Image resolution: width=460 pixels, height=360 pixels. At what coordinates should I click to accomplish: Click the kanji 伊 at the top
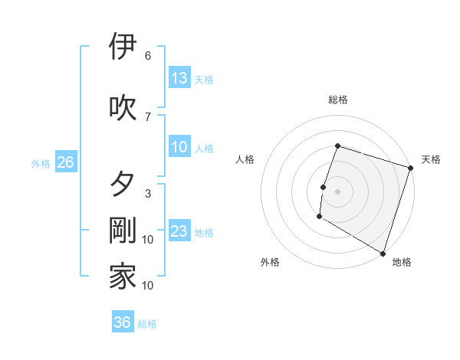coord(123,46)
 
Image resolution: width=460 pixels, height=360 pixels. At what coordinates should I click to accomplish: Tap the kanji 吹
coord(123,107)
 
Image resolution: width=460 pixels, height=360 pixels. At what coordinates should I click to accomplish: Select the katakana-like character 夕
coord(123,185)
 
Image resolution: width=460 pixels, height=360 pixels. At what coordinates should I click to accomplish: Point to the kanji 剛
coord(123,231)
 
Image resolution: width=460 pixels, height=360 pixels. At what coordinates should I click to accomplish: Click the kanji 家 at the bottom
coord(123,277)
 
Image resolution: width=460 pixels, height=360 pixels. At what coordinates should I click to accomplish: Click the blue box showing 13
coord(179,78)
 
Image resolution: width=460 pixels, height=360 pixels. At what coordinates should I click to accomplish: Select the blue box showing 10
coord(179,147)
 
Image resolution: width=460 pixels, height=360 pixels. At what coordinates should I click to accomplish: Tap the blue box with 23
coord(179,231)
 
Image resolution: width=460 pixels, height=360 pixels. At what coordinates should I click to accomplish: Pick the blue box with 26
coord(65,162)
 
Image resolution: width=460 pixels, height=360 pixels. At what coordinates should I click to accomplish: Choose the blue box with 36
coord(122,322)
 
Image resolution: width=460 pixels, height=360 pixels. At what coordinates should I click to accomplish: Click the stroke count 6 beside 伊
coord(148,56)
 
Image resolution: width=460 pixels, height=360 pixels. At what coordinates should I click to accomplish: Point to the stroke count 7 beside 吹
coord(148,116)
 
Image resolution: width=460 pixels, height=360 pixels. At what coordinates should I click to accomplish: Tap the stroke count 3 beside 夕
coord(148,194)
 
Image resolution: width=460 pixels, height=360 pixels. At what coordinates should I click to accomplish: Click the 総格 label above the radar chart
coord(337,100)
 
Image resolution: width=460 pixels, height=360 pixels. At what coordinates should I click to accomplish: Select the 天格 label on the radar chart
coord(431,159)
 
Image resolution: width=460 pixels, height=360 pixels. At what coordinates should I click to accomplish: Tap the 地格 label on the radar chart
coord(402,262)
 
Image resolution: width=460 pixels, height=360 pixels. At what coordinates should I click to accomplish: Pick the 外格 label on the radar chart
coord(270,262)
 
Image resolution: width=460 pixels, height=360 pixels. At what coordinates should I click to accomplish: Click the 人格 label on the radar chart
coord(245,159)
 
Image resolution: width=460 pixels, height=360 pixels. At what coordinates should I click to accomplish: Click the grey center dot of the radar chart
coord(337,191)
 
